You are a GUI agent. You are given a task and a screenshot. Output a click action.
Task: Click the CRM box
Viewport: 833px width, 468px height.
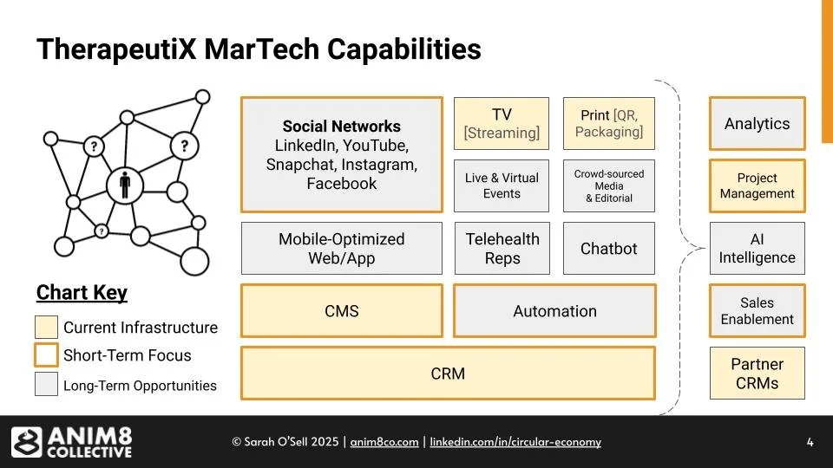coord(448,374)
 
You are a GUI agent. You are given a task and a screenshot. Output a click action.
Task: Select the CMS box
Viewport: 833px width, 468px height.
coord(341,310)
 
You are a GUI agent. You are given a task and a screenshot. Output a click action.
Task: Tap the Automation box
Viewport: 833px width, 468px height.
coord(554,310)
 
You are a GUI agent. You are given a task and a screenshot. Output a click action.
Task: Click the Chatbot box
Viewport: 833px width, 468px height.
coord(608,249)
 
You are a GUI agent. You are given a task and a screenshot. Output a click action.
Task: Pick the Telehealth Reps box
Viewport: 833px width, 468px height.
coord(502,249)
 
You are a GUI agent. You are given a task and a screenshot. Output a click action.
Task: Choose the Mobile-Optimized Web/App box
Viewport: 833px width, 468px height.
coord(341,249)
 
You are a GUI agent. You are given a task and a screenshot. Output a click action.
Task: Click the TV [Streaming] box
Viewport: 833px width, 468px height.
coord(502,123)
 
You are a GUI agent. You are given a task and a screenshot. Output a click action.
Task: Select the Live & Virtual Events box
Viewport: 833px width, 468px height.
coord(502,185)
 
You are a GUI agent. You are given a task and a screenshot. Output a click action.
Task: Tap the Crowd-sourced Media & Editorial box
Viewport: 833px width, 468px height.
coord(608,185)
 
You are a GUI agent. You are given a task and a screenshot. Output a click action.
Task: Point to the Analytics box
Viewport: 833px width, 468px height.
coord(757,123)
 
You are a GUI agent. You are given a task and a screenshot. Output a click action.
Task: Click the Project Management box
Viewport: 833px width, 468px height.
coord(757,185)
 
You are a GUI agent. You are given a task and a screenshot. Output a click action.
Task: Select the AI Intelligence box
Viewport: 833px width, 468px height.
coord(757,249)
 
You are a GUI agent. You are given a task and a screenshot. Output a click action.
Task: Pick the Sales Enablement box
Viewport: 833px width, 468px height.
coord(757,310)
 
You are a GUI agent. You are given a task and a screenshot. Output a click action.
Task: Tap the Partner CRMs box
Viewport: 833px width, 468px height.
coord(757,374)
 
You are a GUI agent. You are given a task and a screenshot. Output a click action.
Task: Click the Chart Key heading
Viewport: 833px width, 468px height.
coord(82,293)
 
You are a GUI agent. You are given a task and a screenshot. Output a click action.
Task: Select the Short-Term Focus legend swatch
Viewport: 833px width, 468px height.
coord(46,355)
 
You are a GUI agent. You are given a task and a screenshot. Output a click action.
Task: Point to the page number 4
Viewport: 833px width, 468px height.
coord(810,442)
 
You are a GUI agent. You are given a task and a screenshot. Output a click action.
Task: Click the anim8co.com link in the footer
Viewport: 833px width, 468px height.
coord(384,442)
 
